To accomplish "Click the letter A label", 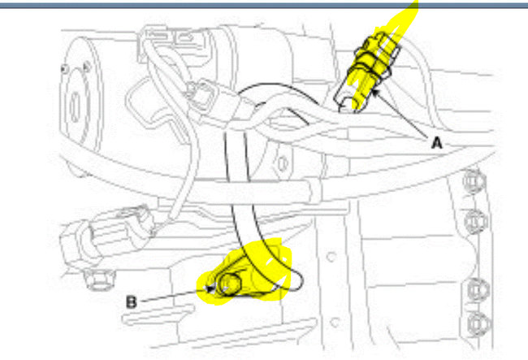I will [x=435, y=141].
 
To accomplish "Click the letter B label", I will [x=131, y=301].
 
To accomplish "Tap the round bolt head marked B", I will [x=230, y=284].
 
